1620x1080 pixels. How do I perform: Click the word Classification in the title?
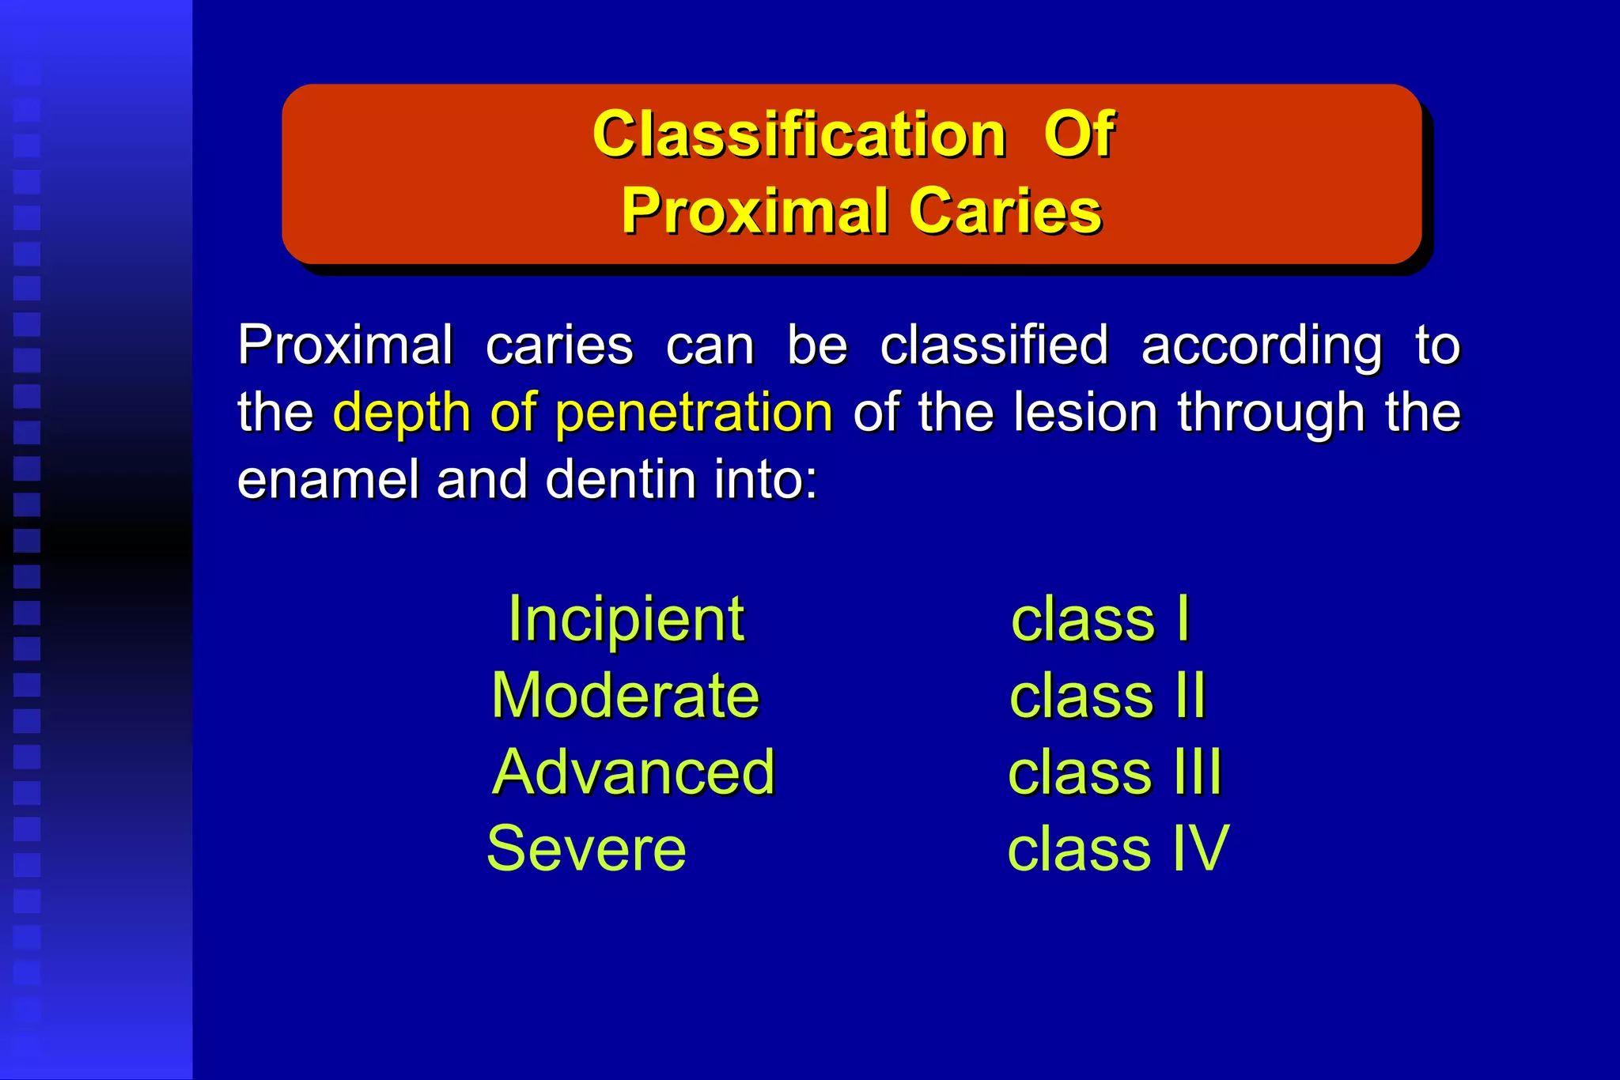[799, 134]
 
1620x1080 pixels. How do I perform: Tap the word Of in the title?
[1079, 134]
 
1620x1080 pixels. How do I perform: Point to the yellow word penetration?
[694, 413]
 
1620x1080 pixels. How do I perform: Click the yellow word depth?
[402, 413]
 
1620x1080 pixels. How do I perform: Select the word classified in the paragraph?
[994, 346]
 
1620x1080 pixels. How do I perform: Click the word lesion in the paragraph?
[1085, 413]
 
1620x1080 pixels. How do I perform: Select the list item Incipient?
[626, 619]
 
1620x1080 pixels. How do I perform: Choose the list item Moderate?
[625, 696]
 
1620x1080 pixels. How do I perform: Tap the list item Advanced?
[634, 772]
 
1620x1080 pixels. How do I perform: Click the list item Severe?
[586, 848]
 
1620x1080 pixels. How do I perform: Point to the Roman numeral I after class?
[1183, 619]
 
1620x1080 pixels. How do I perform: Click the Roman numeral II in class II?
[1190, 696]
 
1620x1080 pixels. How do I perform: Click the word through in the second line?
[1270, 413]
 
